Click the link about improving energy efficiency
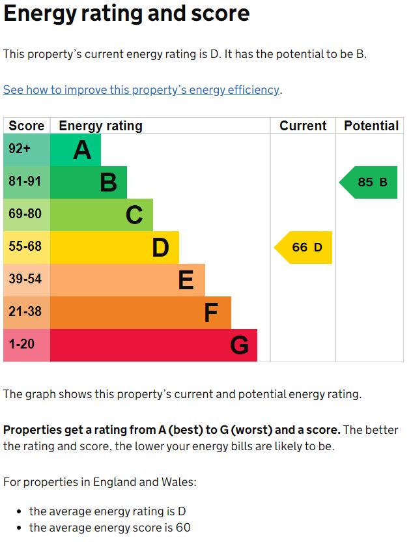point(141,90)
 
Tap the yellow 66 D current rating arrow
point(304,248)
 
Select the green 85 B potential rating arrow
point(369,182)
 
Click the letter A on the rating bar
point(82,150)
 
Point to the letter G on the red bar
point(239,345)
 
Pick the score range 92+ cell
point(26,150)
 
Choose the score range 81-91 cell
point(26,182)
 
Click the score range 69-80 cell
point(26,215)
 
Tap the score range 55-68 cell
point(26,248)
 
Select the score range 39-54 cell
point(26,280)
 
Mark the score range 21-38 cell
point(26,313)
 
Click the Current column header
point(303,126)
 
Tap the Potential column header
point(371,126)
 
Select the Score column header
point(27,126)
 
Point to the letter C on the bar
point(134,215)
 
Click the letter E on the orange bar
point(186,280)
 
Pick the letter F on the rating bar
point(210,313)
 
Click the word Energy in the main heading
point(40,14)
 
